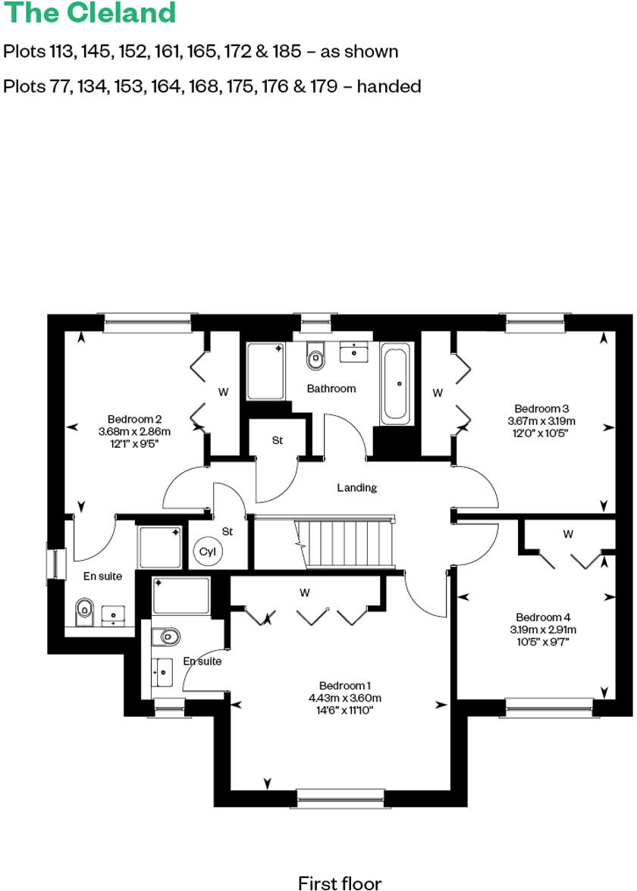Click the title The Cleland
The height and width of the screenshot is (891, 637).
pos(89,13)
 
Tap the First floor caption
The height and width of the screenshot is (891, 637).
pos(339,882)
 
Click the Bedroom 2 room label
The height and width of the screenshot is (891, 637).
pos(134,419)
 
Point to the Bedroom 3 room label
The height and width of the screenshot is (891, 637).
pos(541,408)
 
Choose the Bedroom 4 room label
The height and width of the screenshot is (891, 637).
pos(541,617)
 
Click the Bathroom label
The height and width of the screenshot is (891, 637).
pos(331,389)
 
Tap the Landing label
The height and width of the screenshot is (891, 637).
pos(356,488)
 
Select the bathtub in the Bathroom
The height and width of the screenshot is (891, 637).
pos(397,383)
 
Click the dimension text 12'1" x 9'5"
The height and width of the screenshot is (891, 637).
pos(134,445)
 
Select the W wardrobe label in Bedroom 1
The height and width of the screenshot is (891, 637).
pos(305,591)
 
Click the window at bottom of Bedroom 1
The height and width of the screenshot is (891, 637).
pos(340,795)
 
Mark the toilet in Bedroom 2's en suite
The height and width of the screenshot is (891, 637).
pos(85,608)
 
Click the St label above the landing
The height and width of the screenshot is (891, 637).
pos(277,440)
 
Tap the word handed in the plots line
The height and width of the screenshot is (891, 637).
pos(388,86)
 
